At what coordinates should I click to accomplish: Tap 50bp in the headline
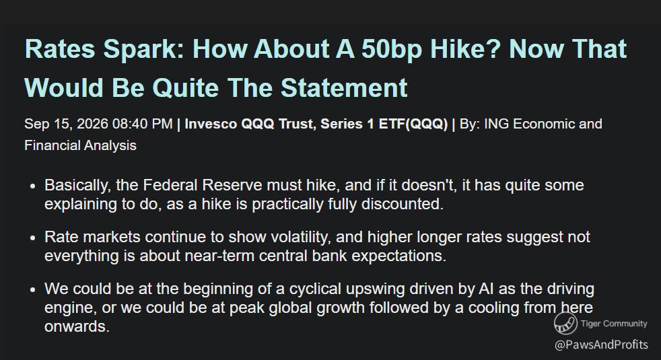click(x=392, y=50)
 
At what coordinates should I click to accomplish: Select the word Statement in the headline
click(x=344, y=87)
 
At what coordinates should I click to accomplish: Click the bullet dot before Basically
click(x=33, y=186)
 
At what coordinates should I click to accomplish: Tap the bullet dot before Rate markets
click(x=33, y=238)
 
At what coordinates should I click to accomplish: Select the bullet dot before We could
click(x=33, y=290)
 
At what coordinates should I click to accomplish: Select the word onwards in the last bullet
click(x=77, y=326)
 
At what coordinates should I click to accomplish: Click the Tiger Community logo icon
click(x=565, y=323)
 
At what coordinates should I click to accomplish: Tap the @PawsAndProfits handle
click(x=601, y=345)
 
